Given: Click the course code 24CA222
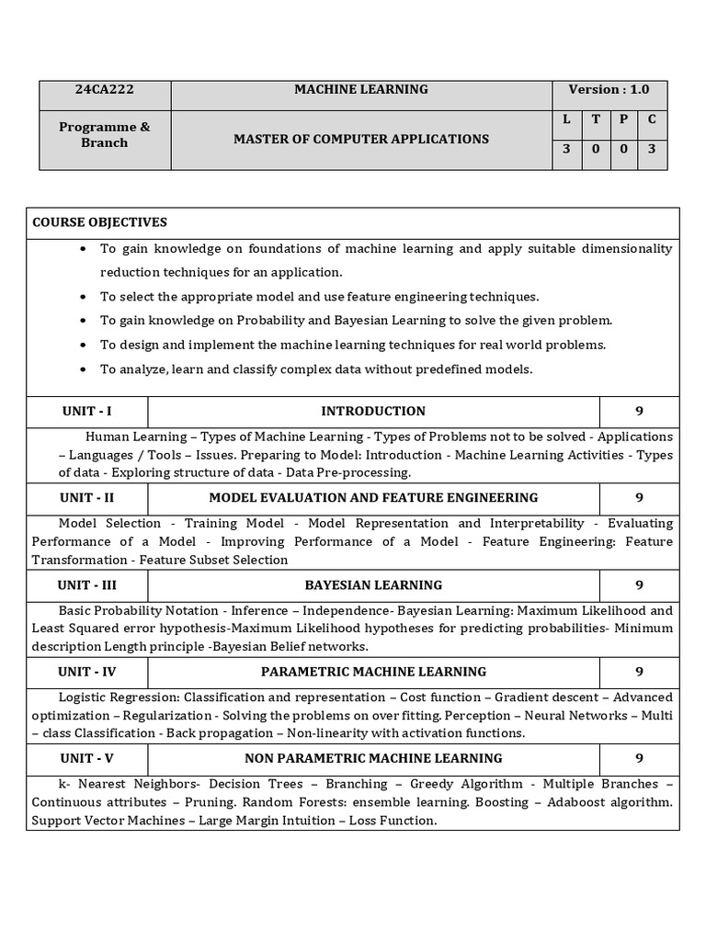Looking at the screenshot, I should (x=105, y=89).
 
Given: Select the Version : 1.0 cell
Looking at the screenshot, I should (x=609, y=89).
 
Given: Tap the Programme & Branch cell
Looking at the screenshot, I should (x=104, y=135).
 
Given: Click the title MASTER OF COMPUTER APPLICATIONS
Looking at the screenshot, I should (x=361, y=139).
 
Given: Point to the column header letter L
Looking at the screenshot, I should (x=566, y=119).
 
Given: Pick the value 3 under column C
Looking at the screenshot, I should (x=652, y=148).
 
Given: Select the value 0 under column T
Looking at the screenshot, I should (x=595, y=148).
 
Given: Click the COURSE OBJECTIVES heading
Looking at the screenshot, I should (x=99, y=222).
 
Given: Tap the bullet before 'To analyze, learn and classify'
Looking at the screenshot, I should (x=84, y=368).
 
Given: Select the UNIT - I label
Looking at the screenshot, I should (x=86, y=411).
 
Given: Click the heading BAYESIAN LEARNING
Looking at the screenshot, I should (x=373, y=584).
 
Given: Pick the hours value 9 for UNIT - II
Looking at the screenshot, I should (x=639, y=497).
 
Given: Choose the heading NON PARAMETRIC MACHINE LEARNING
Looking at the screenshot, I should (x=373, y=758).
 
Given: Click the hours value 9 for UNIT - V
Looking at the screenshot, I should (x=639, y=758).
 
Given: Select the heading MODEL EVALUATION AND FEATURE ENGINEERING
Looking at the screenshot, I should (x=373, y=497).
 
